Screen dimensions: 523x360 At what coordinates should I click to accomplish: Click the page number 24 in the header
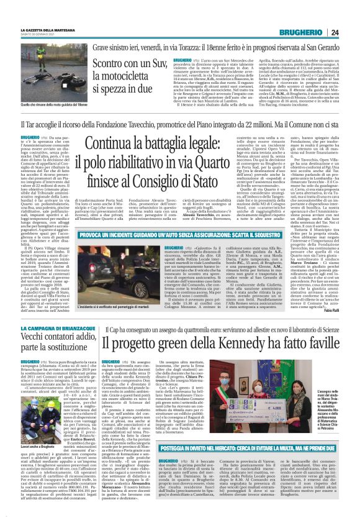click(351, 32)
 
